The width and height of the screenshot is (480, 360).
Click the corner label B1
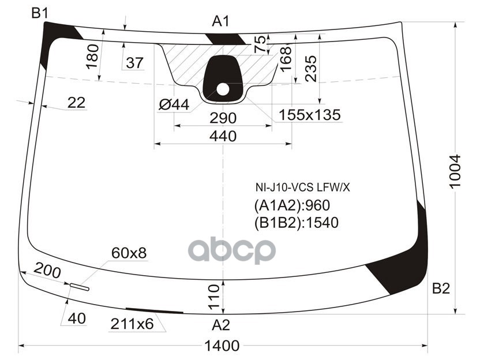click(40, 13)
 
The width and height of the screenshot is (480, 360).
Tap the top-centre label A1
click(221, 22)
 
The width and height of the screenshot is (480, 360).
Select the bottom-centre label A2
click(221, 325)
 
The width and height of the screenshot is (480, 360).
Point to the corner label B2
click(441, 288)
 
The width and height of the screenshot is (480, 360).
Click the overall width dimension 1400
click(222, 346)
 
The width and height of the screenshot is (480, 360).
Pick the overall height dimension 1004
click(455, 171)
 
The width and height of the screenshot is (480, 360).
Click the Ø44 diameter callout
click(174, 105)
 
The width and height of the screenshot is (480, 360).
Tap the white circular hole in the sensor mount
click(223, 89)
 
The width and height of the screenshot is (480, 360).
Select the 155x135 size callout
click(309, 115)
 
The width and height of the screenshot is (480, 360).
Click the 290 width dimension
click(223, 118)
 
